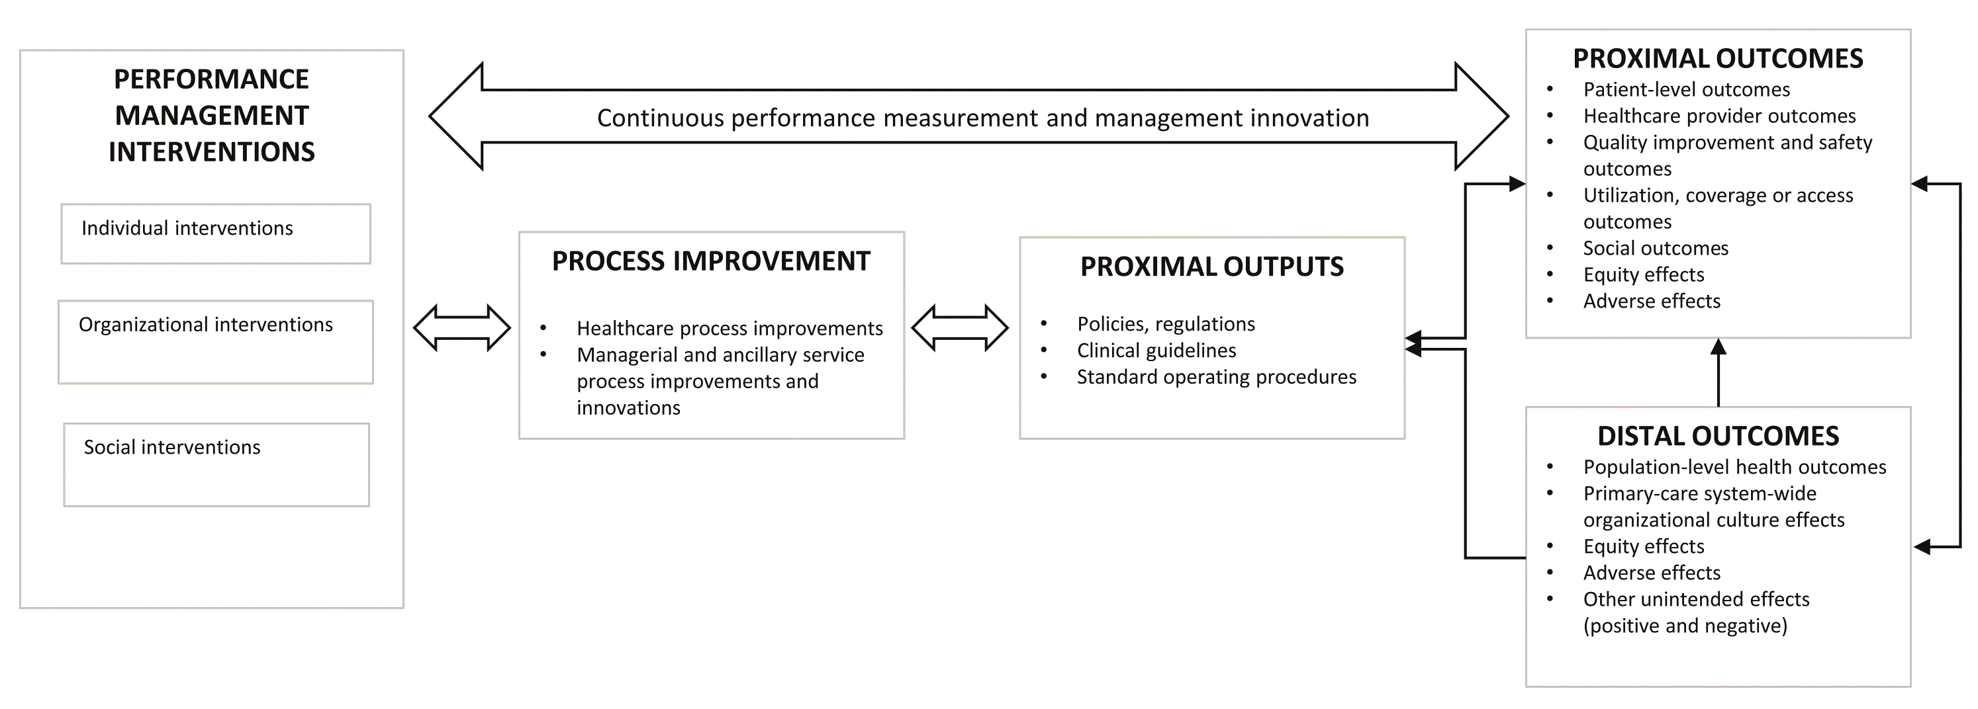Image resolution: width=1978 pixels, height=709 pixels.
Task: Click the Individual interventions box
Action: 216,234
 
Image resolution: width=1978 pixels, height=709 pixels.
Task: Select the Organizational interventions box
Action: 216,342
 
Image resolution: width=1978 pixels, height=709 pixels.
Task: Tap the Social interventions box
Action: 216,465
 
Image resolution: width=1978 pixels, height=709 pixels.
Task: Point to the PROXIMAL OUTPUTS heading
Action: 1211,267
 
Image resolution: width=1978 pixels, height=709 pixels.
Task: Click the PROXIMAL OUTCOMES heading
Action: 1718,59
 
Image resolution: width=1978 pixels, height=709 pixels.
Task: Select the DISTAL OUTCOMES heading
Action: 1718,437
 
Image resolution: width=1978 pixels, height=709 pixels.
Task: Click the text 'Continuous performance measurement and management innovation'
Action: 983,118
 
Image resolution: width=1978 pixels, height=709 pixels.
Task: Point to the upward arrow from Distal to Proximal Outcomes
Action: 1719,373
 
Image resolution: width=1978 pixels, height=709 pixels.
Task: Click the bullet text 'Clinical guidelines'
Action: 1156,351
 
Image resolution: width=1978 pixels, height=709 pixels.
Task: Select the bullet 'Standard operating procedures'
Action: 1216,378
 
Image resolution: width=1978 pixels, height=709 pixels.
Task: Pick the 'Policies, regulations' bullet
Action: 1166,325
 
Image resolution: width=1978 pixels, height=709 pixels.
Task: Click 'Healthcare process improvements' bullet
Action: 730,329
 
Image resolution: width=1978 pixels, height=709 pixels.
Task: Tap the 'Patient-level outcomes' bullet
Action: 1686,90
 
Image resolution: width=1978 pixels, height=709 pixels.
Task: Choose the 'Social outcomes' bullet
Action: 1656,249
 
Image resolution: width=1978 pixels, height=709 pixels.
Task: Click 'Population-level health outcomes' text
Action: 1734,468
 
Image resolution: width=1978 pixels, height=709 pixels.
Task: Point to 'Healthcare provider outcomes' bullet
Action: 1719,116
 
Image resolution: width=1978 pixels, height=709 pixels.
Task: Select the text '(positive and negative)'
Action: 1685,626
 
